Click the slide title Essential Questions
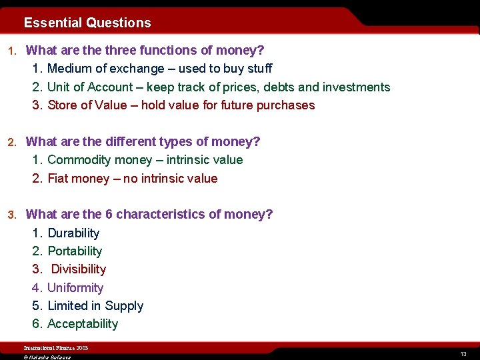coord(87,23)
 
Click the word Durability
coord(73,233)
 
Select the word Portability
coord(75,251)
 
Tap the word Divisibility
coord(79,269)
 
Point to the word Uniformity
coord(75,288)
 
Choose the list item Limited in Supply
coord(95,306)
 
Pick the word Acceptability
coord(83,324)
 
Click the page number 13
coord(463,354)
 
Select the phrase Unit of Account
coord(89,87)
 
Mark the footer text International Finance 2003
coord(56,348)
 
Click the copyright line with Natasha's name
coord(47,357)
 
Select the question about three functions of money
coord(145,50)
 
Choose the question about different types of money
coord(143,141)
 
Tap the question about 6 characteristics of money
coord(149,215)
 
